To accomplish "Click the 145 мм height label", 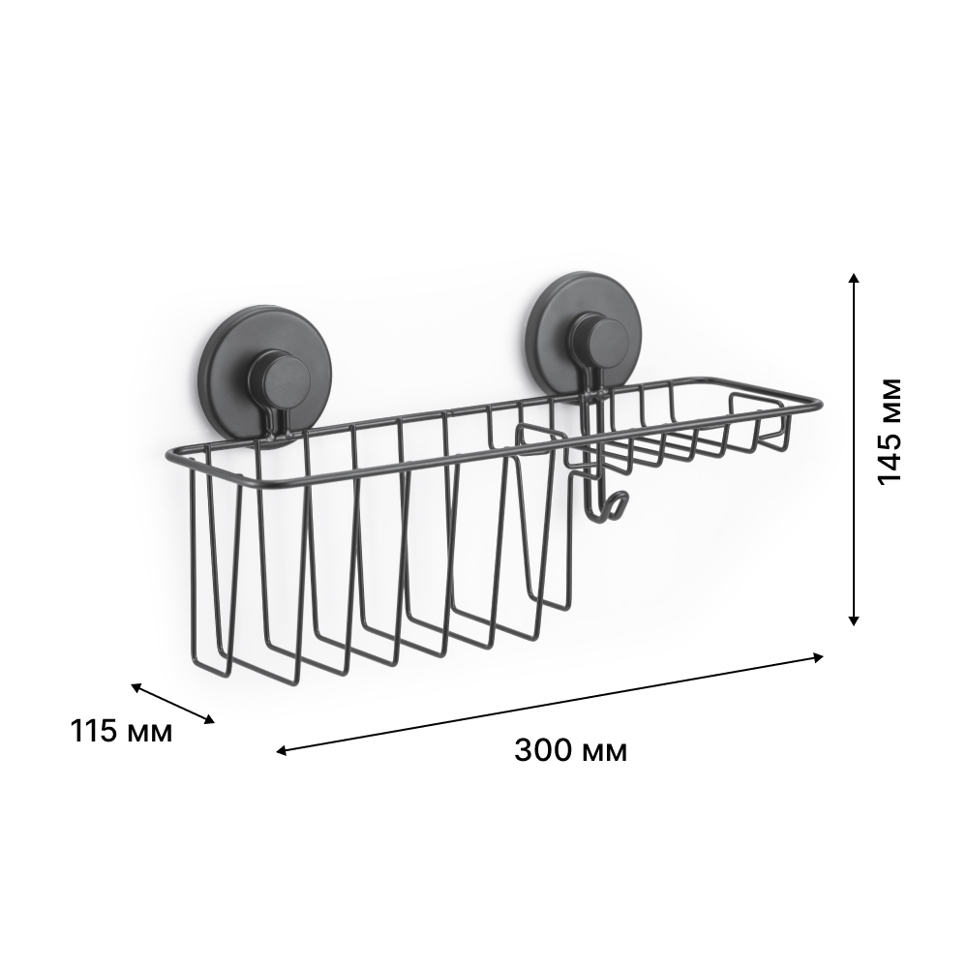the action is point(890,431).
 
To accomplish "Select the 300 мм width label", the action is point(570,751).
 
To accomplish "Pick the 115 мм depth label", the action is point(121,731).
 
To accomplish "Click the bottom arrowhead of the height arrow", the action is point(854,620).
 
